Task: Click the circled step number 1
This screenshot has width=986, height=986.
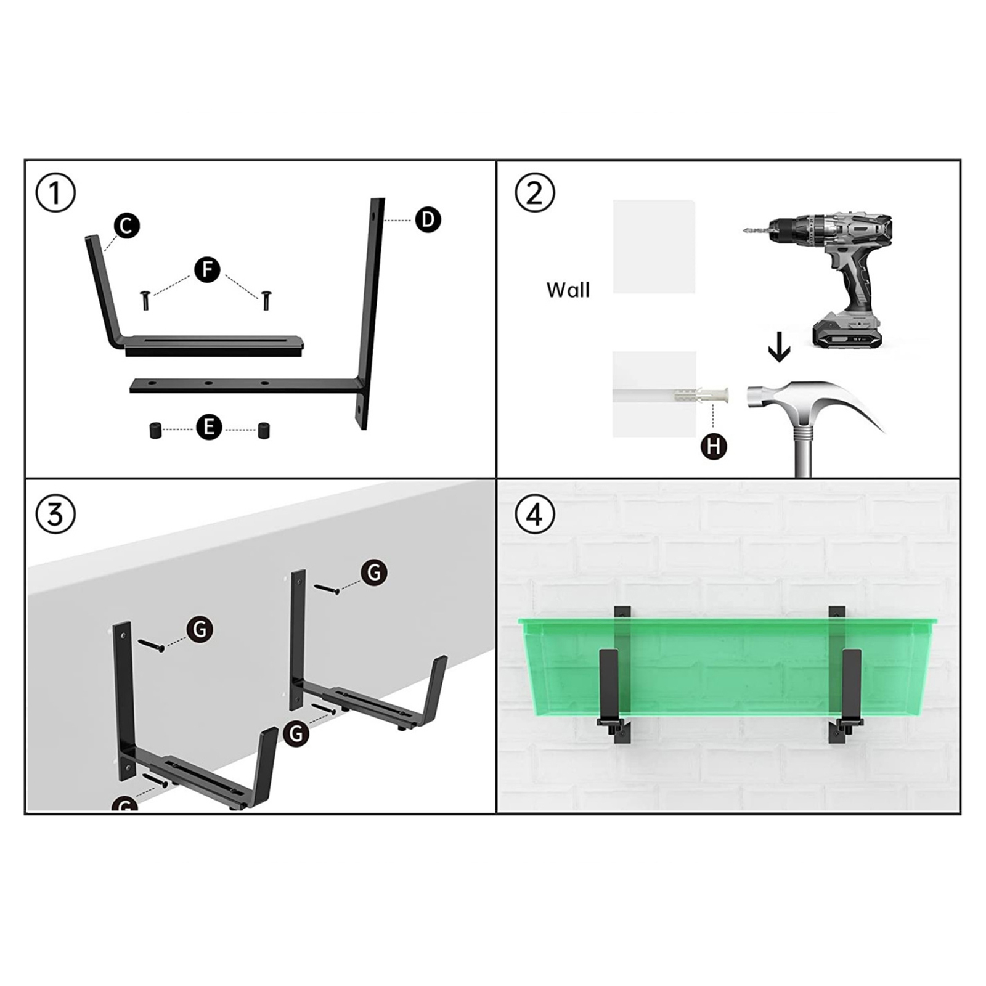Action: pyautogui.click(x=55, y=193)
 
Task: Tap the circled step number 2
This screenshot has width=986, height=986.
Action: pyautogui.click(x=534, y=193)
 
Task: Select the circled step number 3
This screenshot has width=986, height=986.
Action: pyautogui.click(x=55, y=514)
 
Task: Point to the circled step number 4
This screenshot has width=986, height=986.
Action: pyautogui.click(x=534, y=514)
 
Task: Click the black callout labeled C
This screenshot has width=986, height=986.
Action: pyautogui.click(x=126, y=226)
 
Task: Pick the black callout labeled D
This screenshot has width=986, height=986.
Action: pyautogui.click(x=428, y=219)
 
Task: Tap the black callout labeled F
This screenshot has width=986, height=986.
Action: pyautogui.click(x=207, y=269)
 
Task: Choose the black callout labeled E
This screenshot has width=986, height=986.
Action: pyautogui.click(x=209, y=426)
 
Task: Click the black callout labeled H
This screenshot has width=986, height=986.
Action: pyautogui.click(x=714, y=446)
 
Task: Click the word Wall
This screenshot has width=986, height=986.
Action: pyautogui.click(x=568, y=290)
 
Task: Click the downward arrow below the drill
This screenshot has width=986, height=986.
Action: pyautogui.click(x=779, y=347)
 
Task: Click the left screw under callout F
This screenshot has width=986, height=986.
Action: pyautogui.click(x=145, y=300)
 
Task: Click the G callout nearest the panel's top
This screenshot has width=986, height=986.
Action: pyautogui.click(x=374, y=572)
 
